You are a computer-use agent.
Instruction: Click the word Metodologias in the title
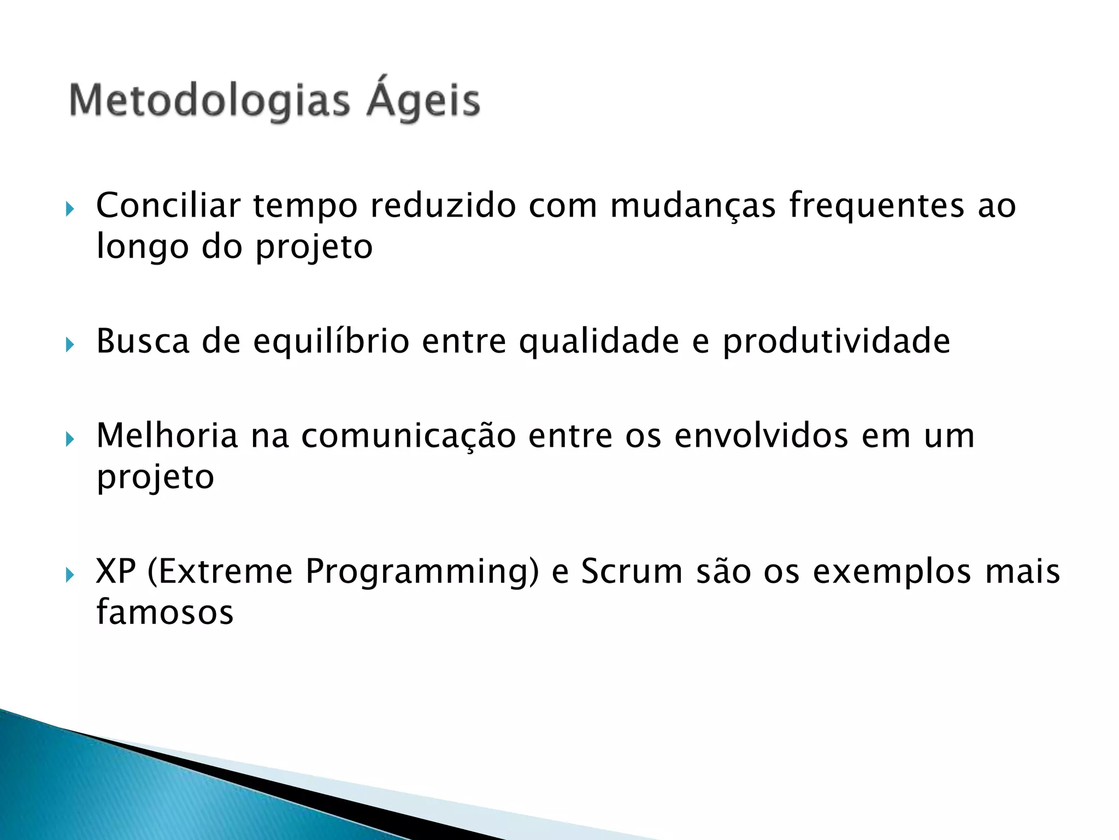pos(209,102)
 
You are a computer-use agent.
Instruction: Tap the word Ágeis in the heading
pos(423,102)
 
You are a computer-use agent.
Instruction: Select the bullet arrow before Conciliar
pos(69,209)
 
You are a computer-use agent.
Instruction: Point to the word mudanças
pos(692,207)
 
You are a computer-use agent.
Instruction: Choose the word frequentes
pos(876,206)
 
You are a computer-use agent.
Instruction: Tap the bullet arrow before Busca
pos(69,345)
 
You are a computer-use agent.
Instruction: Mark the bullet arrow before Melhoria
pos(69,439)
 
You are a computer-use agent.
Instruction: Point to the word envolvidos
pos(761,436)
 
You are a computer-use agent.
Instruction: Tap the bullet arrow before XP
pos(69,575)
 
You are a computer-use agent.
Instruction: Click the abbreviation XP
pos(115,571)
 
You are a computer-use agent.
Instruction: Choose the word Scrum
pos(632,571)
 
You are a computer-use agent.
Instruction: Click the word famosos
pos(165,612)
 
